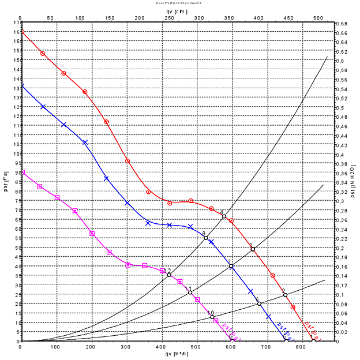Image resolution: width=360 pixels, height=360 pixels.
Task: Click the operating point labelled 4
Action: point(224,216)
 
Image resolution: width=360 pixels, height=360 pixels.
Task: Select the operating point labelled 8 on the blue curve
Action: point(206,238)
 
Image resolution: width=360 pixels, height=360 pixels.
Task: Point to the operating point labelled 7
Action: point(231,267)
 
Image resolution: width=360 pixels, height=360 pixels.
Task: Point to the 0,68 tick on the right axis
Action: point(343,24)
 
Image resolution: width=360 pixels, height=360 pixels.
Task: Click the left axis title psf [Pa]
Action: point(5,183)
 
